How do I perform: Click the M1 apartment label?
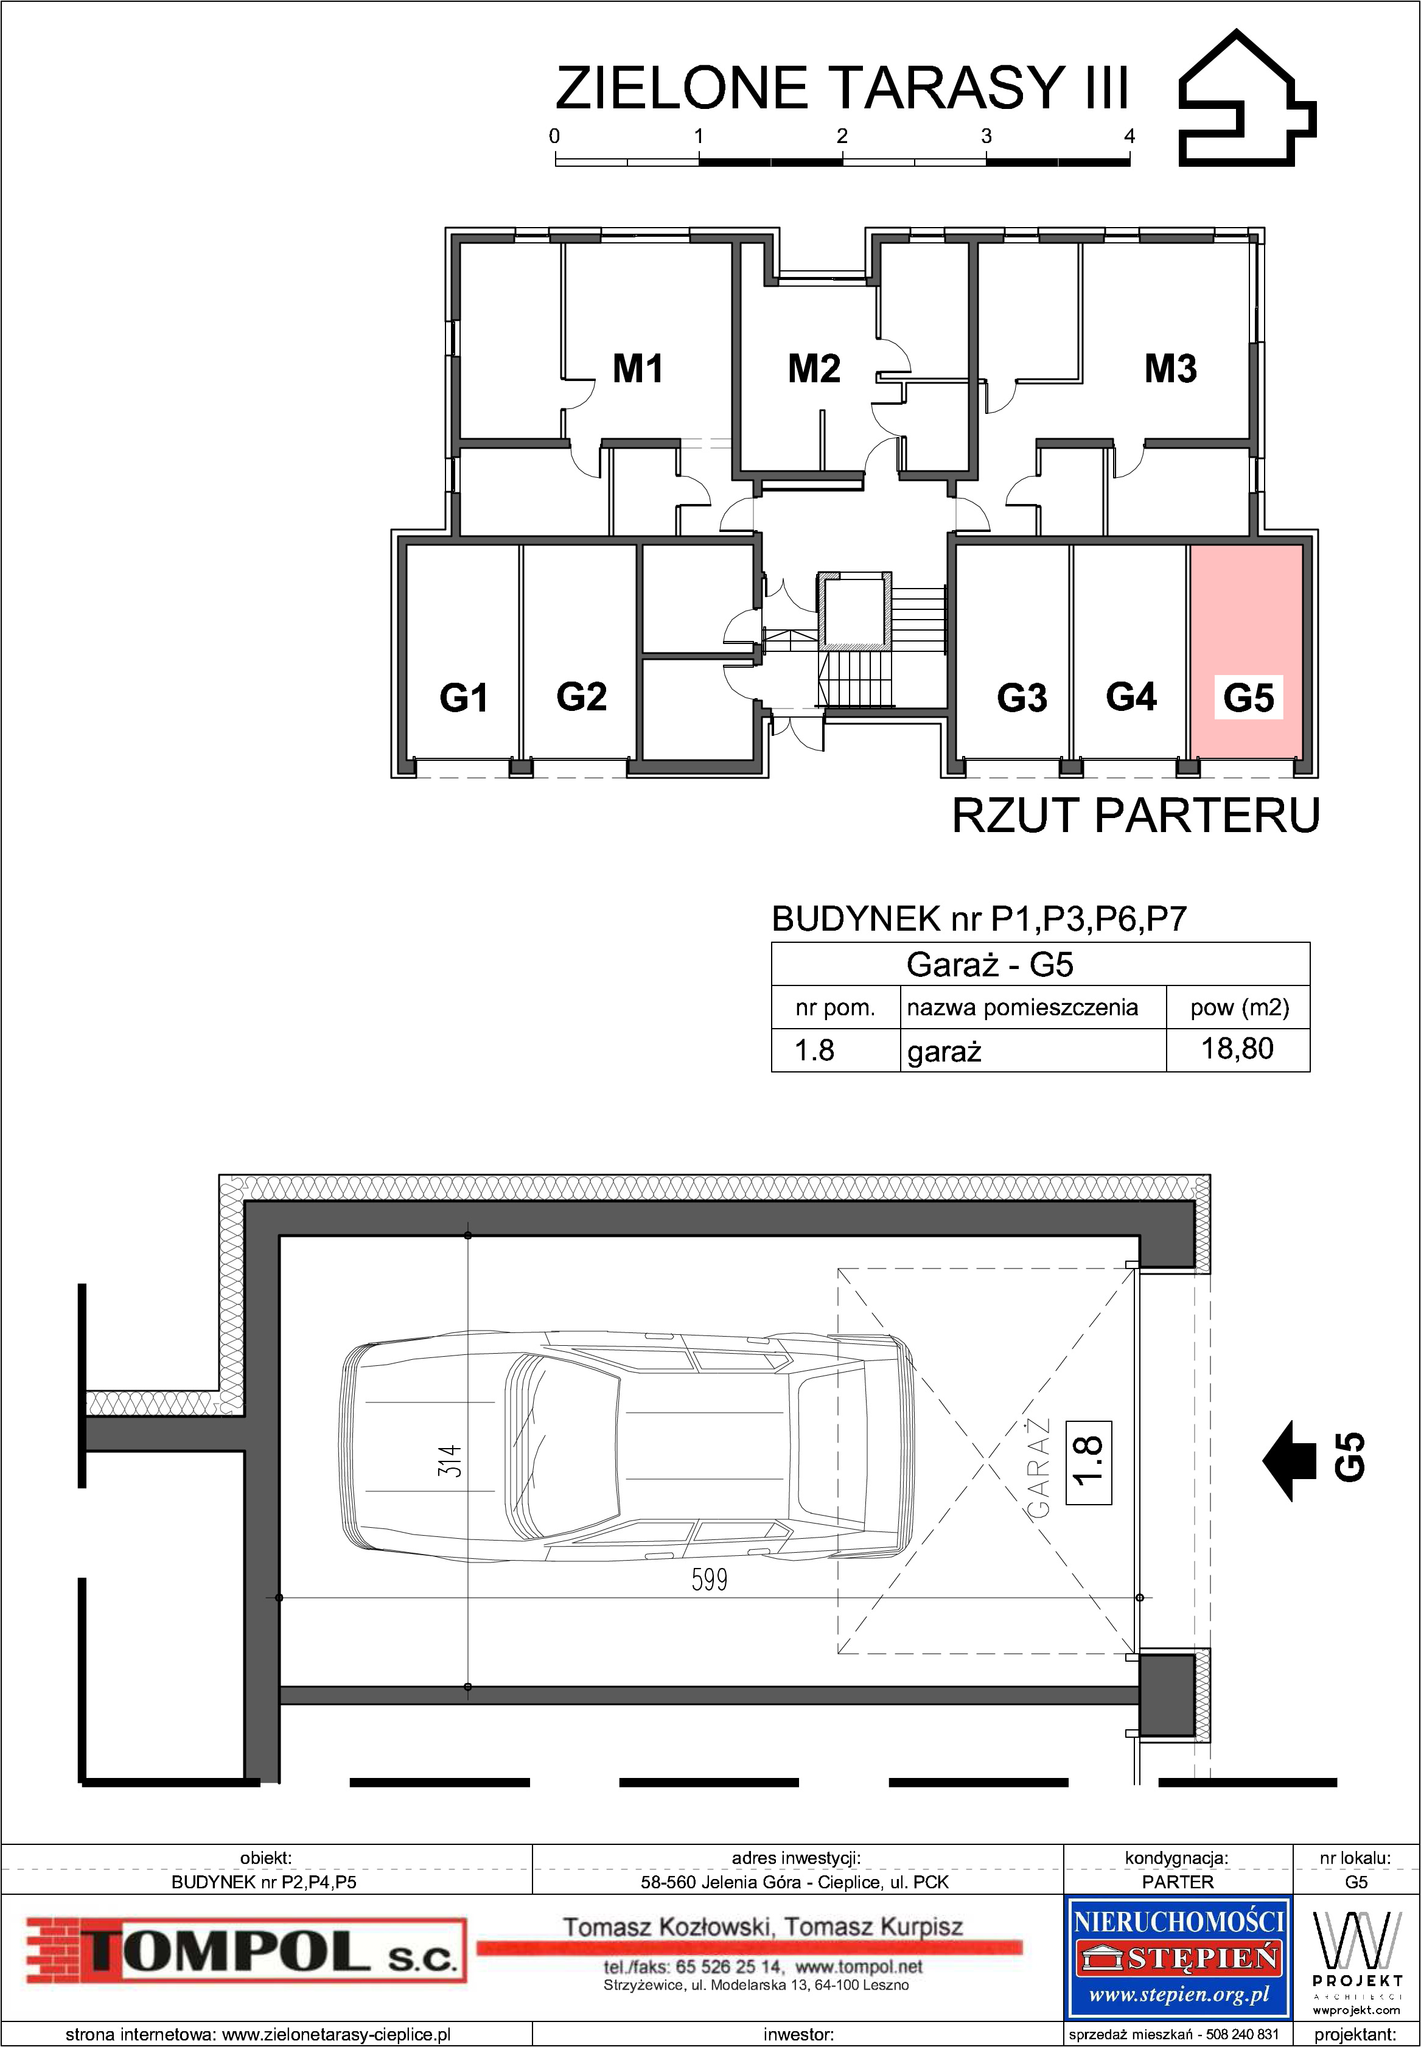point(638,369)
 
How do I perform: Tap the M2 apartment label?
point(814,369)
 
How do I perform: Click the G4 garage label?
point(1131,696)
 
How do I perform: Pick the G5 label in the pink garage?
point(1248,697)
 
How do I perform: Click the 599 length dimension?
point(710,1580)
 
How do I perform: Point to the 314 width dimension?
point(450,1460)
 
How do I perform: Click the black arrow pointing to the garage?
point(1289,1461)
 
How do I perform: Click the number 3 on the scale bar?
point(986,136)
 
